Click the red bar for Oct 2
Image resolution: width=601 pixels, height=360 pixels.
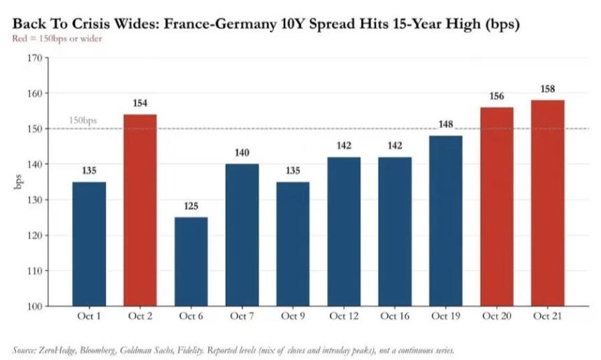tap(140, 210)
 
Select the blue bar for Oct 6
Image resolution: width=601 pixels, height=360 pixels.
tap(191, 261)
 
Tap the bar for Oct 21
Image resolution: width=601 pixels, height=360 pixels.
tap(547, 203)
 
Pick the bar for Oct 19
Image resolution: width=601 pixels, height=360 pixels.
tap(445, 221)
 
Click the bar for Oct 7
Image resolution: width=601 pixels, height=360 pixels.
tap(242, 235)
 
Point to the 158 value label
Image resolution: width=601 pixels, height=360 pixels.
tap(547, 89)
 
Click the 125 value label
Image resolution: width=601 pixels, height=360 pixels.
tap(191, 206)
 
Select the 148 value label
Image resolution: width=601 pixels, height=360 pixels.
tap(445, 124)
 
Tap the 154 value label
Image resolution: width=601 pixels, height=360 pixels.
tap(140, 103)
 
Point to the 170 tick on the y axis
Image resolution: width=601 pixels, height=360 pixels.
tap(34, 58)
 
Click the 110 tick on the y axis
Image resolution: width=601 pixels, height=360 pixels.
tap(34, 271)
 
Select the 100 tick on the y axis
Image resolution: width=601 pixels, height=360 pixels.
tap(34, 306)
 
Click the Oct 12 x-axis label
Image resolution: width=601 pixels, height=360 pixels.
tap(344, 316)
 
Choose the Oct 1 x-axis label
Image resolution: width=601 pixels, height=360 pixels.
tap(89, 316)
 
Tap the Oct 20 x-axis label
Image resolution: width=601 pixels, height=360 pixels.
tap(496, 316)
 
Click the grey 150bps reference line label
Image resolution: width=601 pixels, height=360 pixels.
tap(82, 120)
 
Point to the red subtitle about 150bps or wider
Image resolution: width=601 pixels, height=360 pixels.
tap(57, 38)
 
